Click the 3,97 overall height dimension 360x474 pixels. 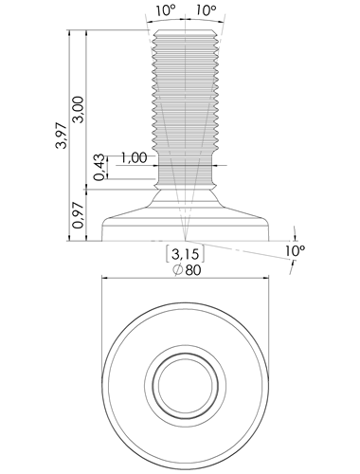click(x=61, y=136)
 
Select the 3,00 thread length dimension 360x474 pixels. click(x=78, y=109)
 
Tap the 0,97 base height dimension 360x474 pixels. click(x=78, y=215)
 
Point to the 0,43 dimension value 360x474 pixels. click(x=99, y=167)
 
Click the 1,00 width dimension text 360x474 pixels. click(x=134, y=157)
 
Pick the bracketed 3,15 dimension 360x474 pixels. click(x=185, y=254)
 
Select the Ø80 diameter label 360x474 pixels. click(x=187, y=270)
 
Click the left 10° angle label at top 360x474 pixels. click(x=165, y=10)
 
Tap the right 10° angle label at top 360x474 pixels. click(x=206, y=10)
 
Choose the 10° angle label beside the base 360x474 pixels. click(x=296, y=251)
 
